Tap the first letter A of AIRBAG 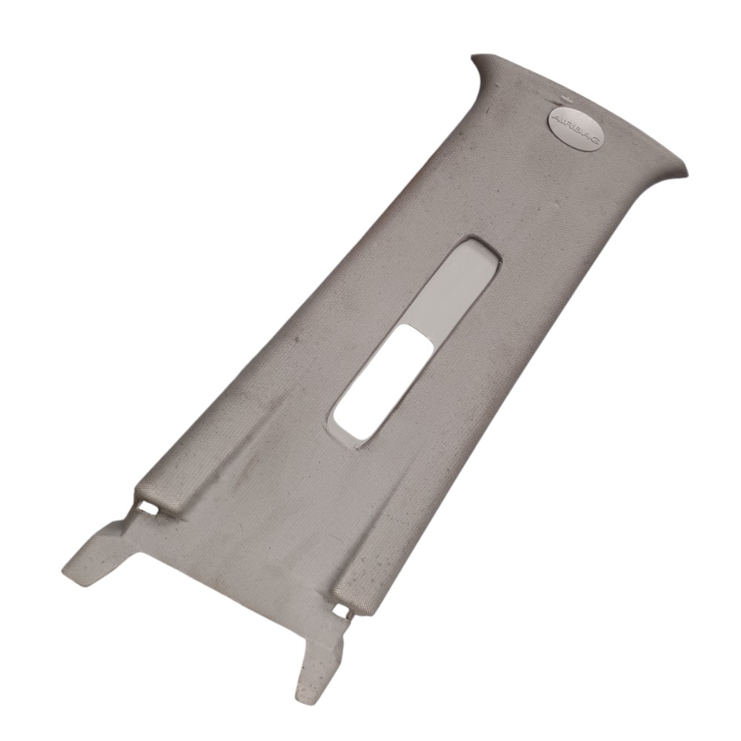click(557, 116)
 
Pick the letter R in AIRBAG click(568, 122)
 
